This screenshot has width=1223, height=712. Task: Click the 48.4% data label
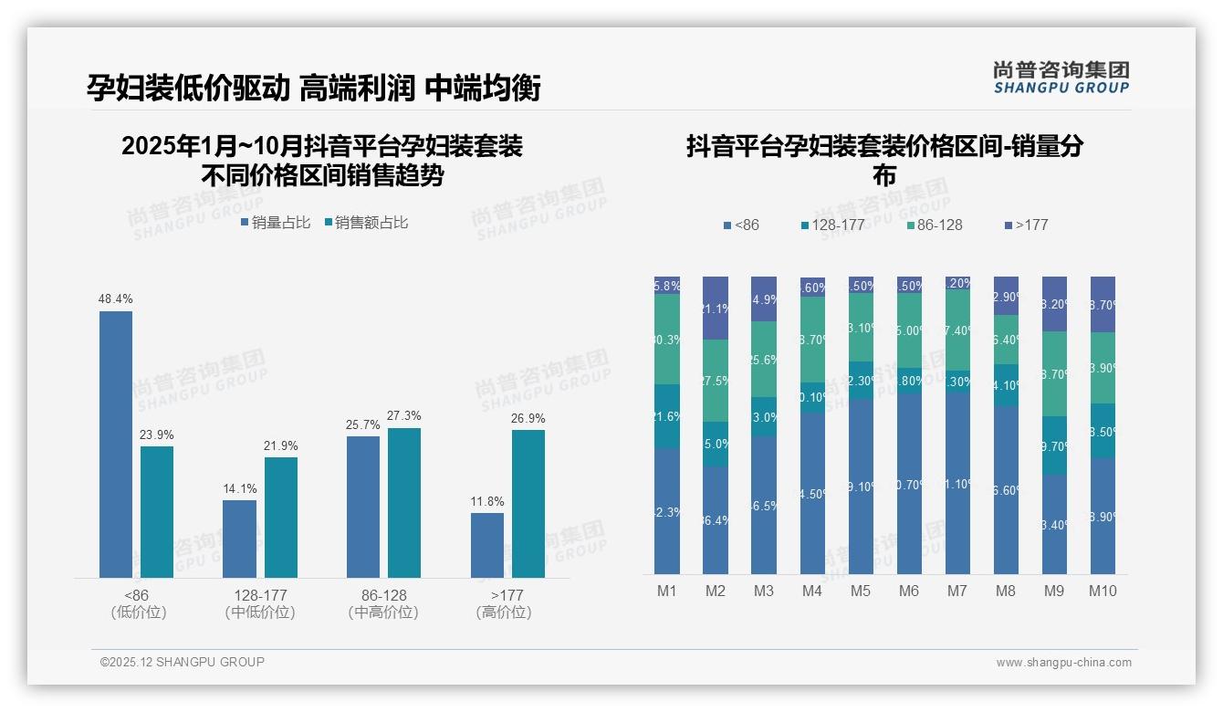pyautogui.click(x=116, y=299)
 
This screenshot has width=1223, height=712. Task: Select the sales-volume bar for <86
pyautogui.click(x=116, y=445)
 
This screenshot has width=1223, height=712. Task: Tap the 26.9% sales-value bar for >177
pyautogui.click(x=528, y=504)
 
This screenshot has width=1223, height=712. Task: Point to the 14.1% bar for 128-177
pyautogui.click(x=240, y=539)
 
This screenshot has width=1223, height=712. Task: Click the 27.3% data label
pyautogui.click(x=404, y=416)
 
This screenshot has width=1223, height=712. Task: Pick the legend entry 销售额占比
pyautogui.click(x=366, y=223)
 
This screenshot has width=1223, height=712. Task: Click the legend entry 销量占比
pyautogui.click(x=276, y=223)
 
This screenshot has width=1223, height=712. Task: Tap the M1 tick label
pyautogui.click(x=667, y=592)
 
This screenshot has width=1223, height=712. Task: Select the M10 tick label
pyautogui.click(x=1103, y=592)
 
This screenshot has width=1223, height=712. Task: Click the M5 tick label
pyautogui.click(x=861, y=592)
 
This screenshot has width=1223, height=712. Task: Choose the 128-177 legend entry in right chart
pyautogui.click(x=832, y=225)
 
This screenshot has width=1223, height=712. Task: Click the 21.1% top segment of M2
pyautogui.click(x=716, y=309)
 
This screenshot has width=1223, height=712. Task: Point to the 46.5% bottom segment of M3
pyautogui.click(x=764, y=505)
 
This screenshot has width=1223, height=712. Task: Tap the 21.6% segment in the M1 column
pyautogui.click(x=667, y=416)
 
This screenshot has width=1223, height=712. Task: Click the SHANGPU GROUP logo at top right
pyautogui.click(x=1061, y=78)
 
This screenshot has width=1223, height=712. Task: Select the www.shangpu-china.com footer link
pyautogui.click(x=1063, y=663)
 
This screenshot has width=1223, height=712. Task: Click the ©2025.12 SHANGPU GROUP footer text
pyautogui.click(x=183, y=662)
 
